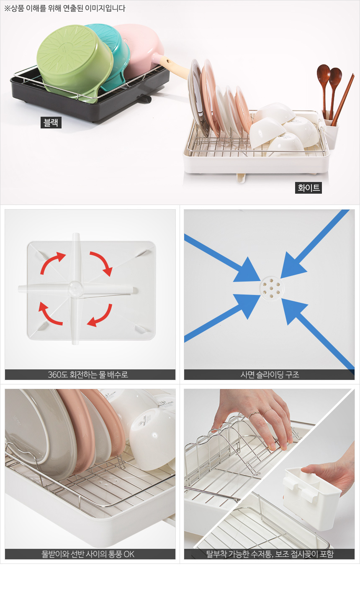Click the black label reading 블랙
pos(51,123)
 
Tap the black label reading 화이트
pos(308,188)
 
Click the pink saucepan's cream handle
pos(174,68)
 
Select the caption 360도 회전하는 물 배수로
pos(88,374)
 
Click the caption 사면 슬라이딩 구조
pos(270,374)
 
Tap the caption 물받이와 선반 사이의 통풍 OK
pos(88,554)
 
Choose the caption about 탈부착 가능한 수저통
pos(270,554)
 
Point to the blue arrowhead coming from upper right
pos(293,266)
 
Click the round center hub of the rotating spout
pos(75,289)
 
